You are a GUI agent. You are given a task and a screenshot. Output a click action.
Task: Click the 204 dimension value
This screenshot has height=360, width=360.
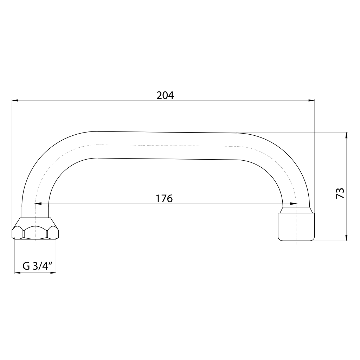(x=165, y=95)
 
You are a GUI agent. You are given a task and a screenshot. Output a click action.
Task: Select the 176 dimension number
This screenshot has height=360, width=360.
(x=164, y=198)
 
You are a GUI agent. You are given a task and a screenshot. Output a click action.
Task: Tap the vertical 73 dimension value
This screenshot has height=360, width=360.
(x=340, y=193)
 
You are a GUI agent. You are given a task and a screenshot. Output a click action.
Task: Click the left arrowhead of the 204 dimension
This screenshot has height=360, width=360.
(x=15, y=100)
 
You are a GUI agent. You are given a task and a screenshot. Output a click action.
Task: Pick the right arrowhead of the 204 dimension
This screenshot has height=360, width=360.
(x=311, y=100)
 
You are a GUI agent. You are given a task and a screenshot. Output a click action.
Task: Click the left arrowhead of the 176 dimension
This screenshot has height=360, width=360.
(x=38, y=204)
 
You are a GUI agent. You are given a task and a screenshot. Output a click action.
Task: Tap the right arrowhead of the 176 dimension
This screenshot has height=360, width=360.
(x=293, y=204)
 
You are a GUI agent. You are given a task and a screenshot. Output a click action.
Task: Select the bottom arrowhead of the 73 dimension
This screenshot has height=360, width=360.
(x=346, y=238)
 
